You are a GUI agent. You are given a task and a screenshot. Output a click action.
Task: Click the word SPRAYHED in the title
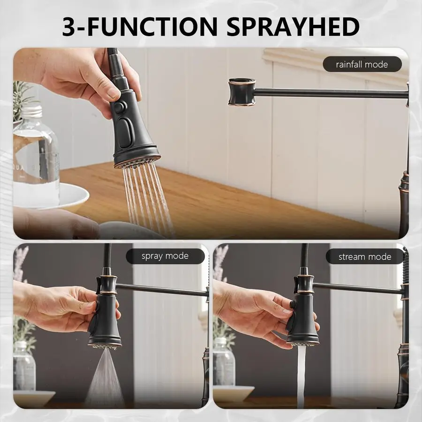293,26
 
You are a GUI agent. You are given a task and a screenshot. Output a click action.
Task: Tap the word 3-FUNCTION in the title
139,26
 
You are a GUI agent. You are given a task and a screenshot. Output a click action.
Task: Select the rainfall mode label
362,64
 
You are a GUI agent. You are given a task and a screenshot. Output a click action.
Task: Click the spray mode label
165,256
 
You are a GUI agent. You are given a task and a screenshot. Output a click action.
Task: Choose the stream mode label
365,257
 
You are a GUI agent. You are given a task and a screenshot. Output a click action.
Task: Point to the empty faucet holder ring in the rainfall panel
241,92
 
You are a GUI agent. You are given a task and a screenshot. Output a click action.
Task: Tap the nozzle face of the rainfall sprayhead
137,161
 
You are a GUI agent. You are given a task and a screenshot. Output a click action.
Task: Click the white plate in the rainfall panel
51,196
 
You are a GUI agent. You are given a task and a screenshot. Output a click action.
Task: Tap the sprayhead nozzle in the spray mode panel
105,346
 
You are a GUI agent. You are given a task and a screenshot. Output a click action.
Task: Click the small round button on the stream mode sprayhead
293,304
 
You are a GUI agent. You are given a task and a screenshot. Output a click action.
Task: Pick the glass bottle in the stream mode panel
224,362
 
